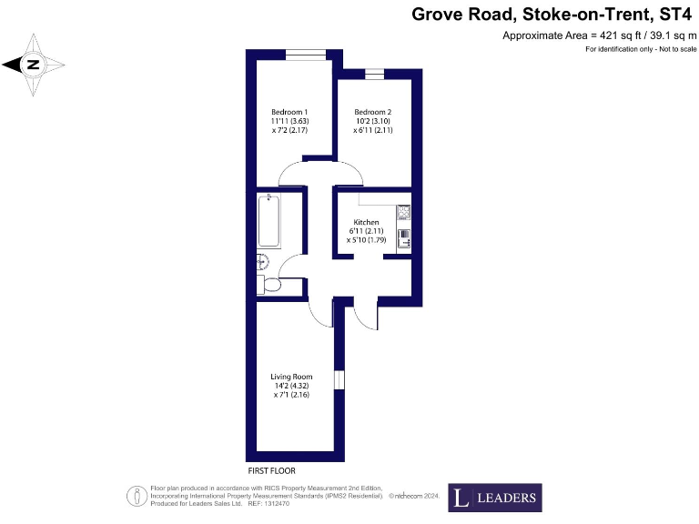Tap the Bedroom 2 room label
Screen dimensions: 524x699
point(372,112)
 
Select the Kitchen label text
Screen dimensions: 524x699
point(366,222)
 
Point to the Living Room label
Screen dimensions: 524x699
point(291,377)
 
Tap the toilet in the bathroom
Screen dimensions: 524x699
point(269,286)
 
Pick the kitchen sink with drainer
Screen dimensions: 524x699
point(403,239)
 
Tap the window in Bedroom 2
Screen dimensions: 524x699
point(374,72)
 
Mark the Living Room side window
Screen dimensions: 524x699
point(339,379)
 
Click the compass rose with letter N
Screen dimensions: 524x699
point(34,64)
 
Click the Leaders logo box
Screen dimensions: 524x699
point(494,498)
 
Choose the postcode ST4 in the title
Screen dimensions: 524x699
point(676,14)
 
